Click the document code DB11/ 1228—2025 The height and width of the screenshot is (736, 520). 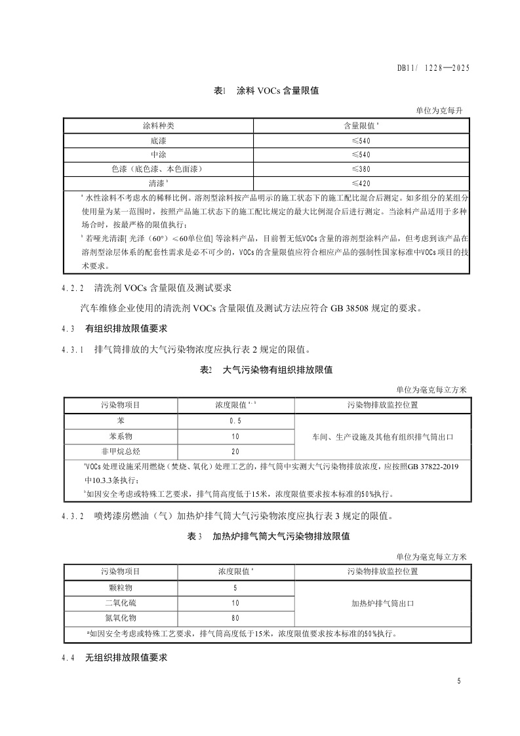click(434, 68)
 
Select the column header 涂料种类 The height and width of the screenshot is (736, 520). click(159, 125)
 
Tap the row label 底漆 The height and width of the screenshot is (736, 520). click(159, 140)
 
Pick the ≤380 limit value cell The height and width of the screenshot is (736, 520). click(361, 168)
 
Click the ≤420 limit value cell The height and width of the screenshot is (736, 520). click(361, 183)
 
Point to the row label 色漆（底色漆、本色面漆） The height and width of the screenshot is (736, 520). click(159, 168)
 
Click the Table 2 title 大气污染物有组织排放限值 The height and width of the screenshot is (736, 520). click(277, 370)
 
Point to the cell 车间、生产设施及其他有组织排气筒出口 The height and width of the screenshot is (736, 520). click(382, 436)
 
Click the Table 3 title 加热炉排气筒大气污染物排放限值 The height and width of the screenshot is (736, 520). click(281, 536)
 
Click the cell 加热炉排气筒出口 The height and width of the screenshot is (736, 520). click(382, 602)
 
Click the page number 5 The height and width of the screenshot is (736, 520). click(459, 682)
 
